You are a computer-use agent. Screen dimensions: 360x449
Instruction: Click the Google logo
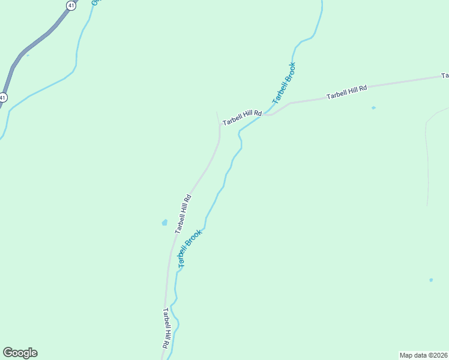click(20, 353)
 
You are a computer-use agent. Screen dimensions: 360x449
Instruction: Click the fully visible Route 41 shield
click(71, 5)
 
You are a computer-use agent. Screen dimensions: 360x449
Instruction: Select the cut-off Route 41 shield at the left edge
click(3, 97)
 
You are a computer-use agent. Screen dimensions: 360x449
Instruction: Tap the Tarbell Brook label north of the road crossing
click(284, 83)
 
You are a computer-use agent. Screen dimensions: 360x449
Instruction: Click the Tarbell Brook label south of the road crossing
click(190, 247)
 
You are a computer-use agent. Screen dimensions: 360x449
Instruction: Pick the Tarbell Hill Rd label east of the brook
click(346, 92)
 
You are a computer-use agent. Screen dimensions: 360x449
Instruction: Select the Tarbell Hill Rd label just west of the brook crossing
click(243, 118)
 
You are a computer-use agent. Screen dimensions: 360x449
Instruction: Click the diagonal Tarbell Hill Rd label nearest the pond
click(183, 214)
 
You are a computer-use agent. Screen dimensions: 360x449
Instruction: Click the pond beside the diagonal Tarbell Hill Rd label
click(164, 223)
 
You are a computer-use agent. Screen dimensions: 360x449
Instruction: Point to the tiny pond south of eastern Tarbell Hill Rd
click(373, 108)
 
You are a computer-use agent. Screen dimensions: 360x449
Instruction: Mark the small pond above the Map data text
click(431, 280)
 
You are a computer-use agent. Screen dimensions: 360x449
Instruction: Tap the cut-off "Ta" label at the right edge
click(445, 76)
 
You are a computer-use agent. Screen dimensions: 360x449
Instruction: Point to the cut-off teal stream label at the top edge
click(95, 2)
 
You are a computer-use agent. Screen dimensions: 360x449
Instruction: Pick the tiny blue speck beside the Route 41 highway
click(28, 55)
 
